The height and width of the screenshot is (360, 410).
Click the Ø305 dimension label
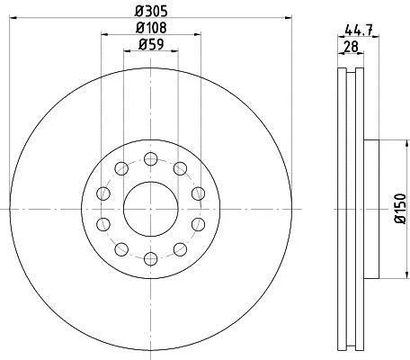click(151, 12)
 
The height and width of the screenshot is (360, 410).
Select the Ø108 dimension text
click(151, 28)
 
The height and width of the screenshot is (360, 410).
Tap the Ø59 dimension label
click(151, 45)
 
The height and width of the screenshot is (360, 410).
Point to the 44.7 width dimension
click(359, 30)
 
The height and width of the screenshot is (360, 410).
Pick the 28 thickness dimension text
click(351, 47)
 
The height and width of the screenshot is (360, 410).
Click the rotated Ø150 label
click(400, 209)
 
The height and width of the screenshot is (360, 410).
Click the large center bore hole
click(151, 209)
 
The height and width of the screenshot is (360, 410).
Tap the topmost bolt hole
click(151, 158)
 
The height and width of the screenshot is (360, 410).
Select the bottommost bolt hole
click(151, 259)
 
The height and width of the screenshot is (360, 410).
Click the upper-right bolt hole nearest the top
click(180, 168)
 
